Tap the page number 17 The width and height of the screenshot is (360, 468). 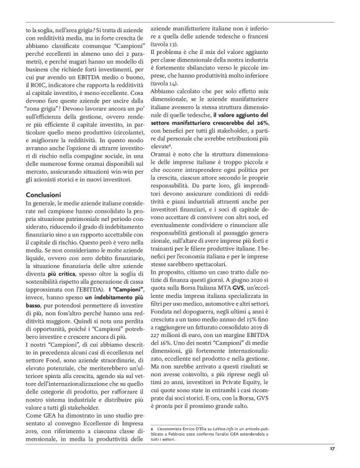[x=333, y=446]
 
